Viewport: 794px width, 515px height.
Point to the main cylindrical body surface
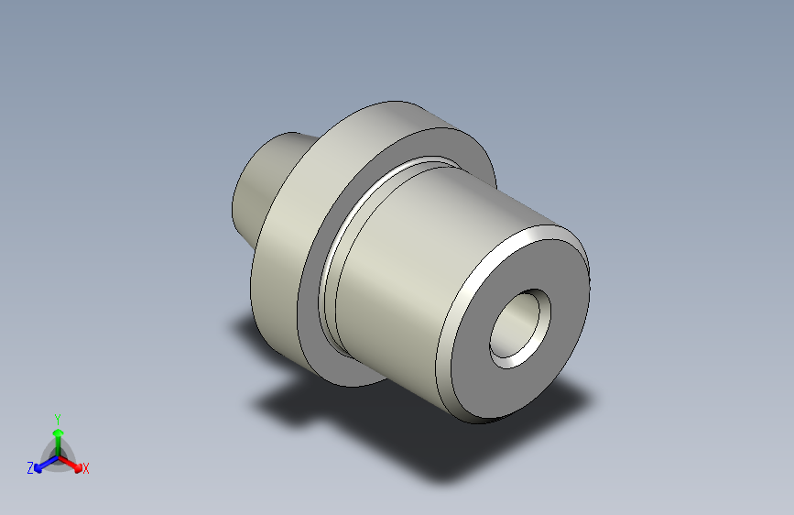[x=412, y=275]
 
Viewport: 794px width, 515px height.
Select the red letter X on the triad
[x=86, y=468]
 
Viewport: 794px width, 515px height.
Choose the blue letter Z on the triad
[x=30, y=468]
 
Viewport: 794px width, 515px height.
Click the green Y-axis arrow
[x=57, y=434]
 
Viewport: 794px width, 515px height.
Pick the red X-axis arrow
[x=73, y=464]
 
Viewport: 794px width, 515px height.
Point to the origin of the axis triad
[x=57, y=455]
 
